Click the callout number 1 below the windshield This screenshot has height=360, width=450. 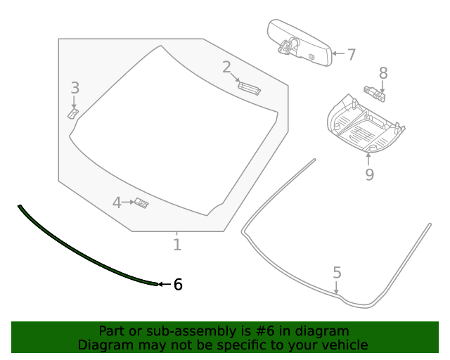point(177,244)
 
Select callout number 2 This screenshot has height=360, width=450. point(226,67)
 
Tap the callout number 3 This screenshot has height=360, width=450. point(75,88)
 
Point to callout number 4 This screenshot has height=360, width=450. point(117,203)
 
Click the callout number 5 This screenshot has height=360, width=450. point(337,272)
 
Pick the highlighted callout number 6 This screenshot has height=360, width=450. point(178,284)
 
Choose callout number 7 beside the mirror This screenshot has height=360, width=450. point(351,54)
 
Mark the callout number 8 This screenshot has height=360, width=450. point(383,72)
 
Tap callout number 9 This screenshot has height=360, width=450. point(369,174)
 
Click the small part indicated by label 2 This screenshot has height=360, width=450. point(249,87)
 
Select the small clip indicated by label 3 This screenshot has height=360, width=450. point(73,112)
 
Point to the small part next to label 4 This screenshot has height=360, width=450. point(142,203)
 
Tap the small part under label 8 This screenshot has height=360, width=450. point(374,91)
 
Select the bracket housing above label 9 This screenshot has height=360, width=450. point(365,124)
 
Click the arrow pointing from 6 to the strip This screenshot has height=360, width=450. point(164,284)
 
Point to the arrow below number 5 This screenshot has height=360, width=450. point(337,286)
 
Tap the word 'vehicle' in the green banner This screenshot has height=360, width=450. point(343,345)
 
